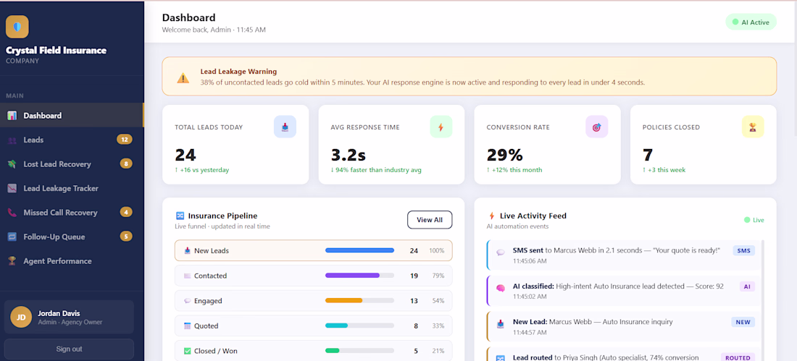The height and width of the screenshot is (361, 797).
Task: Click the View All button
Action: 430,220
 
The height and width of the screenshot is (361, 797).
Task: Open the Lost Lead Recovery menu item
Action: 57,164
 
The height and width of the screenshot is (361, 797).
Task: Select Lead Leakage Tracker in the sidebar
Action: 60,188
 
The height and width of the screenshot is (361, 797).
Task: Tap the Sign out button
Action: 69,349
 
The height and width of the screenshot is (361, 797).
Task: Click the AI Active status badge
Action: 751,22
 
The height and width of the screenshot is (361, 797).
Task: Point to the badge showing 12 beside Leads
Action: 125,140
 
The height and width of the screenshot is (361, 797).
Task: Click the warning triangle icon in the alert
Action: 183,78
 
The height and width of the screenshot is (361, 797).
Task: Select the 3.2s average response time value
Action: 349,155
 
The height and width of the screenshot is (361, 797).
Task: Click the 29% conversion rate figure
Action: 504,155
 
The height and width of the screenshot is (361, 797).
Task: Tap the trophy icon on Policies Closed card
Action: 753,127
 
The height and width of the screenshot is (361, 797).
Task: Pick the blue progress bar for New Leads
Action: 359,250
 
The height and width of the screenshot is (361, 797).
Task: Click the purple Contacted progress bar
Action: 352,276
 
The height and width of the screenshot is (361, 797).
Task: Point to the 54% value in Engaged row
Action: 438,300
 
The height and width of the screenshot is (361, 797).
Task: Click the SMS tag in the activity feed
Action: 743,250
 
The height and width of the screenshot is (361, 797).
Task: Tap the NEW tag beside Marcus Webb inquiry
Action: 743,322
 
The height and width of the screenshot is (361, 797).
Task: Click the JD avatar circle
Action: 21,318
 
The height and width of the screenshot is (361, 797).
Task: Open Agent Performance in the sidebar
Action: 57,261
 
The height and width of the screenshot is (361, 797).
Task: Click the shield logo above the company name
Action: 17,27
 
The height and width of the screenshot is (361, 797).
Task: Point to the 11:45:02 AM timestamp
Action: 530,296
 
